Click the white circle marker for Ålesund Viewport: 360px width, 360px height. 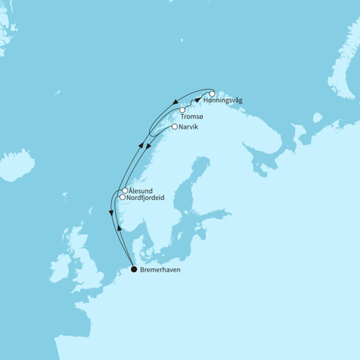click(124, 190)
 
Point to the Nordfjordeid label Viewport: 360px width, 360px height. click(150, 198)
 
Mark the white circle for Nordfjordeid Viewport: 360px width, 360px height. click(122, 197)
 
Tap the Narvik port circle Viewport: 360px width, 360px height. click(174, 127)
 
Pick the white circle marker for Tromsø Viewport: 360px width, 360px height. click(182, 110)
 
